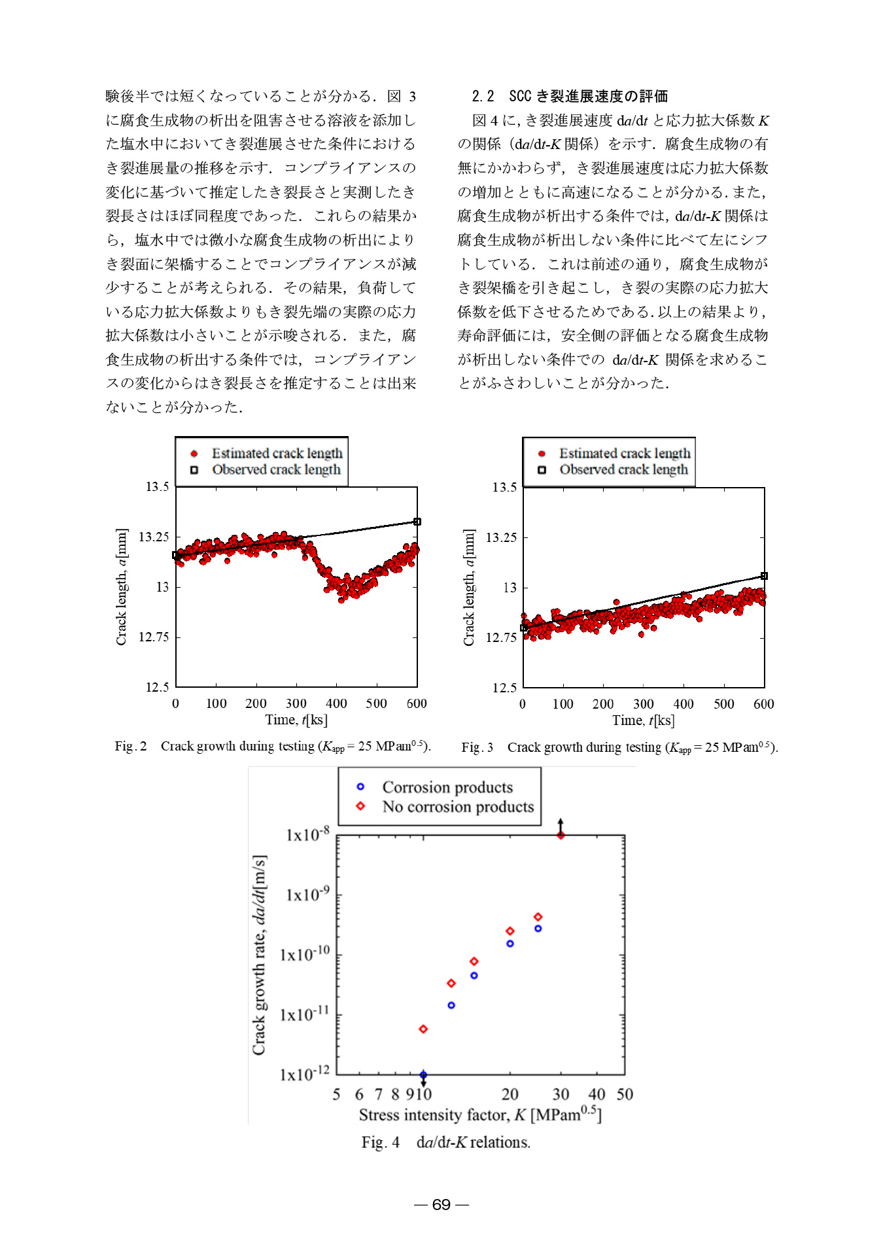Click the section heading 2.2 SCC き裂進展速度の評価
[x=570, y=96]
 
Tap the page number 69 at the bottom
[x=441, y=1204]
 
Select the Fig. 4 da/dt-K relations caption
[x=445, y=1142]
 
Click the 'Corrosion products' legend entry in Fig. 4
[x=447, y=787]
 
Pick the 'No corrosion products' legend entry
[x=457, y=807]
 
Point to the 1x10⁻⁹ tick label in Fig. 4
[x=307, y=894]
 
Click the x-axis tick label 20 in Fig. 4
[x=510, y=1094]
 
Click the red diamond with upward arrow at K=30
[x=561, y=835]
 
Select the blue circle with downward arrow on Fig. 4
[x=423, y=1075]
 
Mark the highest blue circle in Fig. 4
[x=538, y=928]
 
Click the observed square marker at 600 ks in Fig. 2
[x=417, y=522]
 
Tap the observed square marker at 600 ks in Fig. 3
[x=764, y=576]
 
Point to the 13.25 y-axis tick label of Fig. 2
[x=154, y=537]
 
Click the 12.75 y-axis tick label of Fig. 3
[x=501, y=637]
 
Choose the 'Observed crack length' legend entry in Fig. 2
[x=275, y=469]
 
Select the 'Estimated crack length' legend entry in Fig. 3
[x=624, y=453]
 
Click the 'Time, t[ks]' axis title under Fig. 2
[x=296, y=720]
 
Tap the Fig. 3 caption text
[x=619, y=747]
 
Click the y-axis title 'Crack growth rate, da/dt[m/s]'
[x=260, y=954]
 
